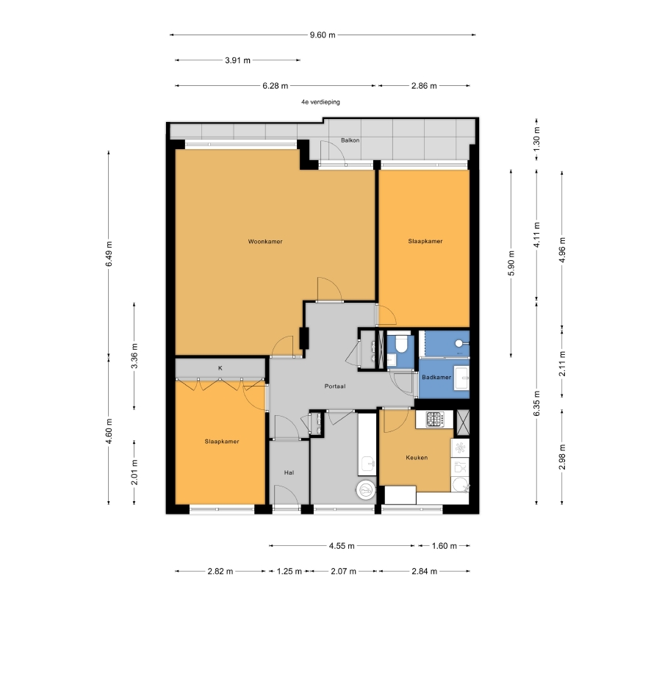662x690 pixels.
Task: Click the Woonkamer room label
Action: pos(265,241)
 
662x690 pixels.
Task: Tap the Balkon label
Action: pos(350,140)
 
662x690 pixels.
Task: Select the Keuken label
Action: pos(417,458)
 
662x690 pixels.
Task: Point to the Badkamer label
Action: pos(436,377)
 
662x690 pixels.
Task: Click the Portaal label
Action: pos(335,387)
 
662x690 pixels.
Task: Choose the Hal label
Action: pos(289,472)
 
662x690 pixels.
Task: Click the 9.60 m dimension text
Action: pos(323,35)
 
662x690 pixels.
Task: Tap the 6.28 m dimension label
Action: pos(276,86)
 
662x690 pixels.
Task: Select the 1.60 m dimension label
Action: pos(445,546)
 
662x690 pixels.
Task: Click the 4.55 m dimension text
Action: pos(342,546)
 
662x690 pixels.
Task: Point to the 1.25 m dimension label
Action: pos(289,572)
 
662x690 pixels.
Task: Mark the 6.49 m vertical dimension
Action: pos(109,254)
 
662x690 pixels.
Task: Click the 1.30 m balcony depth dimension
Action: pos(536,137)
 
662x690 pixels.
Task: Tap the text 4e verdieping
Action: pos(320,102)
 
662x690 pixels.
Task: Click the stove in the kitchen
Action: pos(434,419)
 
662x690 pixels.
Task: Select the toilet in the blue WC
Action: pos(401,344)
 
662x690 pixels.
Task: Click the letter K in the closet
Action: pos(220,368)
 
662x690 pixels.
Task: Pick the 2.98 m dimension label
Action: pos(562,457)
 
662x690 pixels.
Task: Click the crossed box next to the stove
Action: pos(463,423)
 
